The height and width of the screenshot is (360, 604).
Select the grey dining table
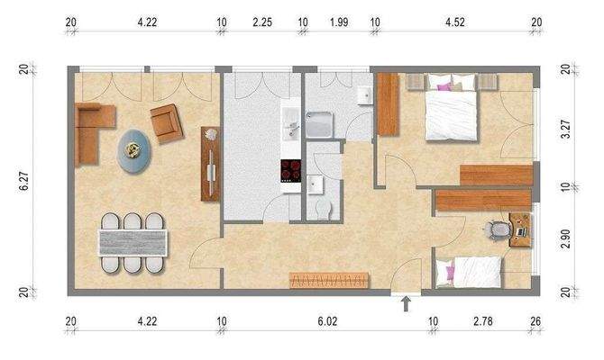133,240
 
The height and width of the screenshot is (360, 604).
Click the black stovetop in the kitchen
291,170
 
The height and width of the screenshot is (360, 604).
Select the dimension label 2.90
566,239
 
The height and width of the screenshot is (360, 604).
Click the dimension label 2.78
486,318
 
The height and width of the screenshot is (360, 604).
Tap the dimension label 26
538,318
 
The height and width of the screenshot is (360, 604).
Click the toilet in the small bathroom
324,210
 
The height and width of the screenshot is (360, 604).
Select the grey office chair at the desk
496,229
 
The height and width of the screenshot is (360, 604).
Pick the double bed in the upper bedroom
448,111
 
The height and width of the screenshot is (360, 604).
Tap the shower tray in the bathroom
321,124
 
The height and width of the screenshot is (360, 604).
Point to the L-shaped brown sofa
91,131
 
